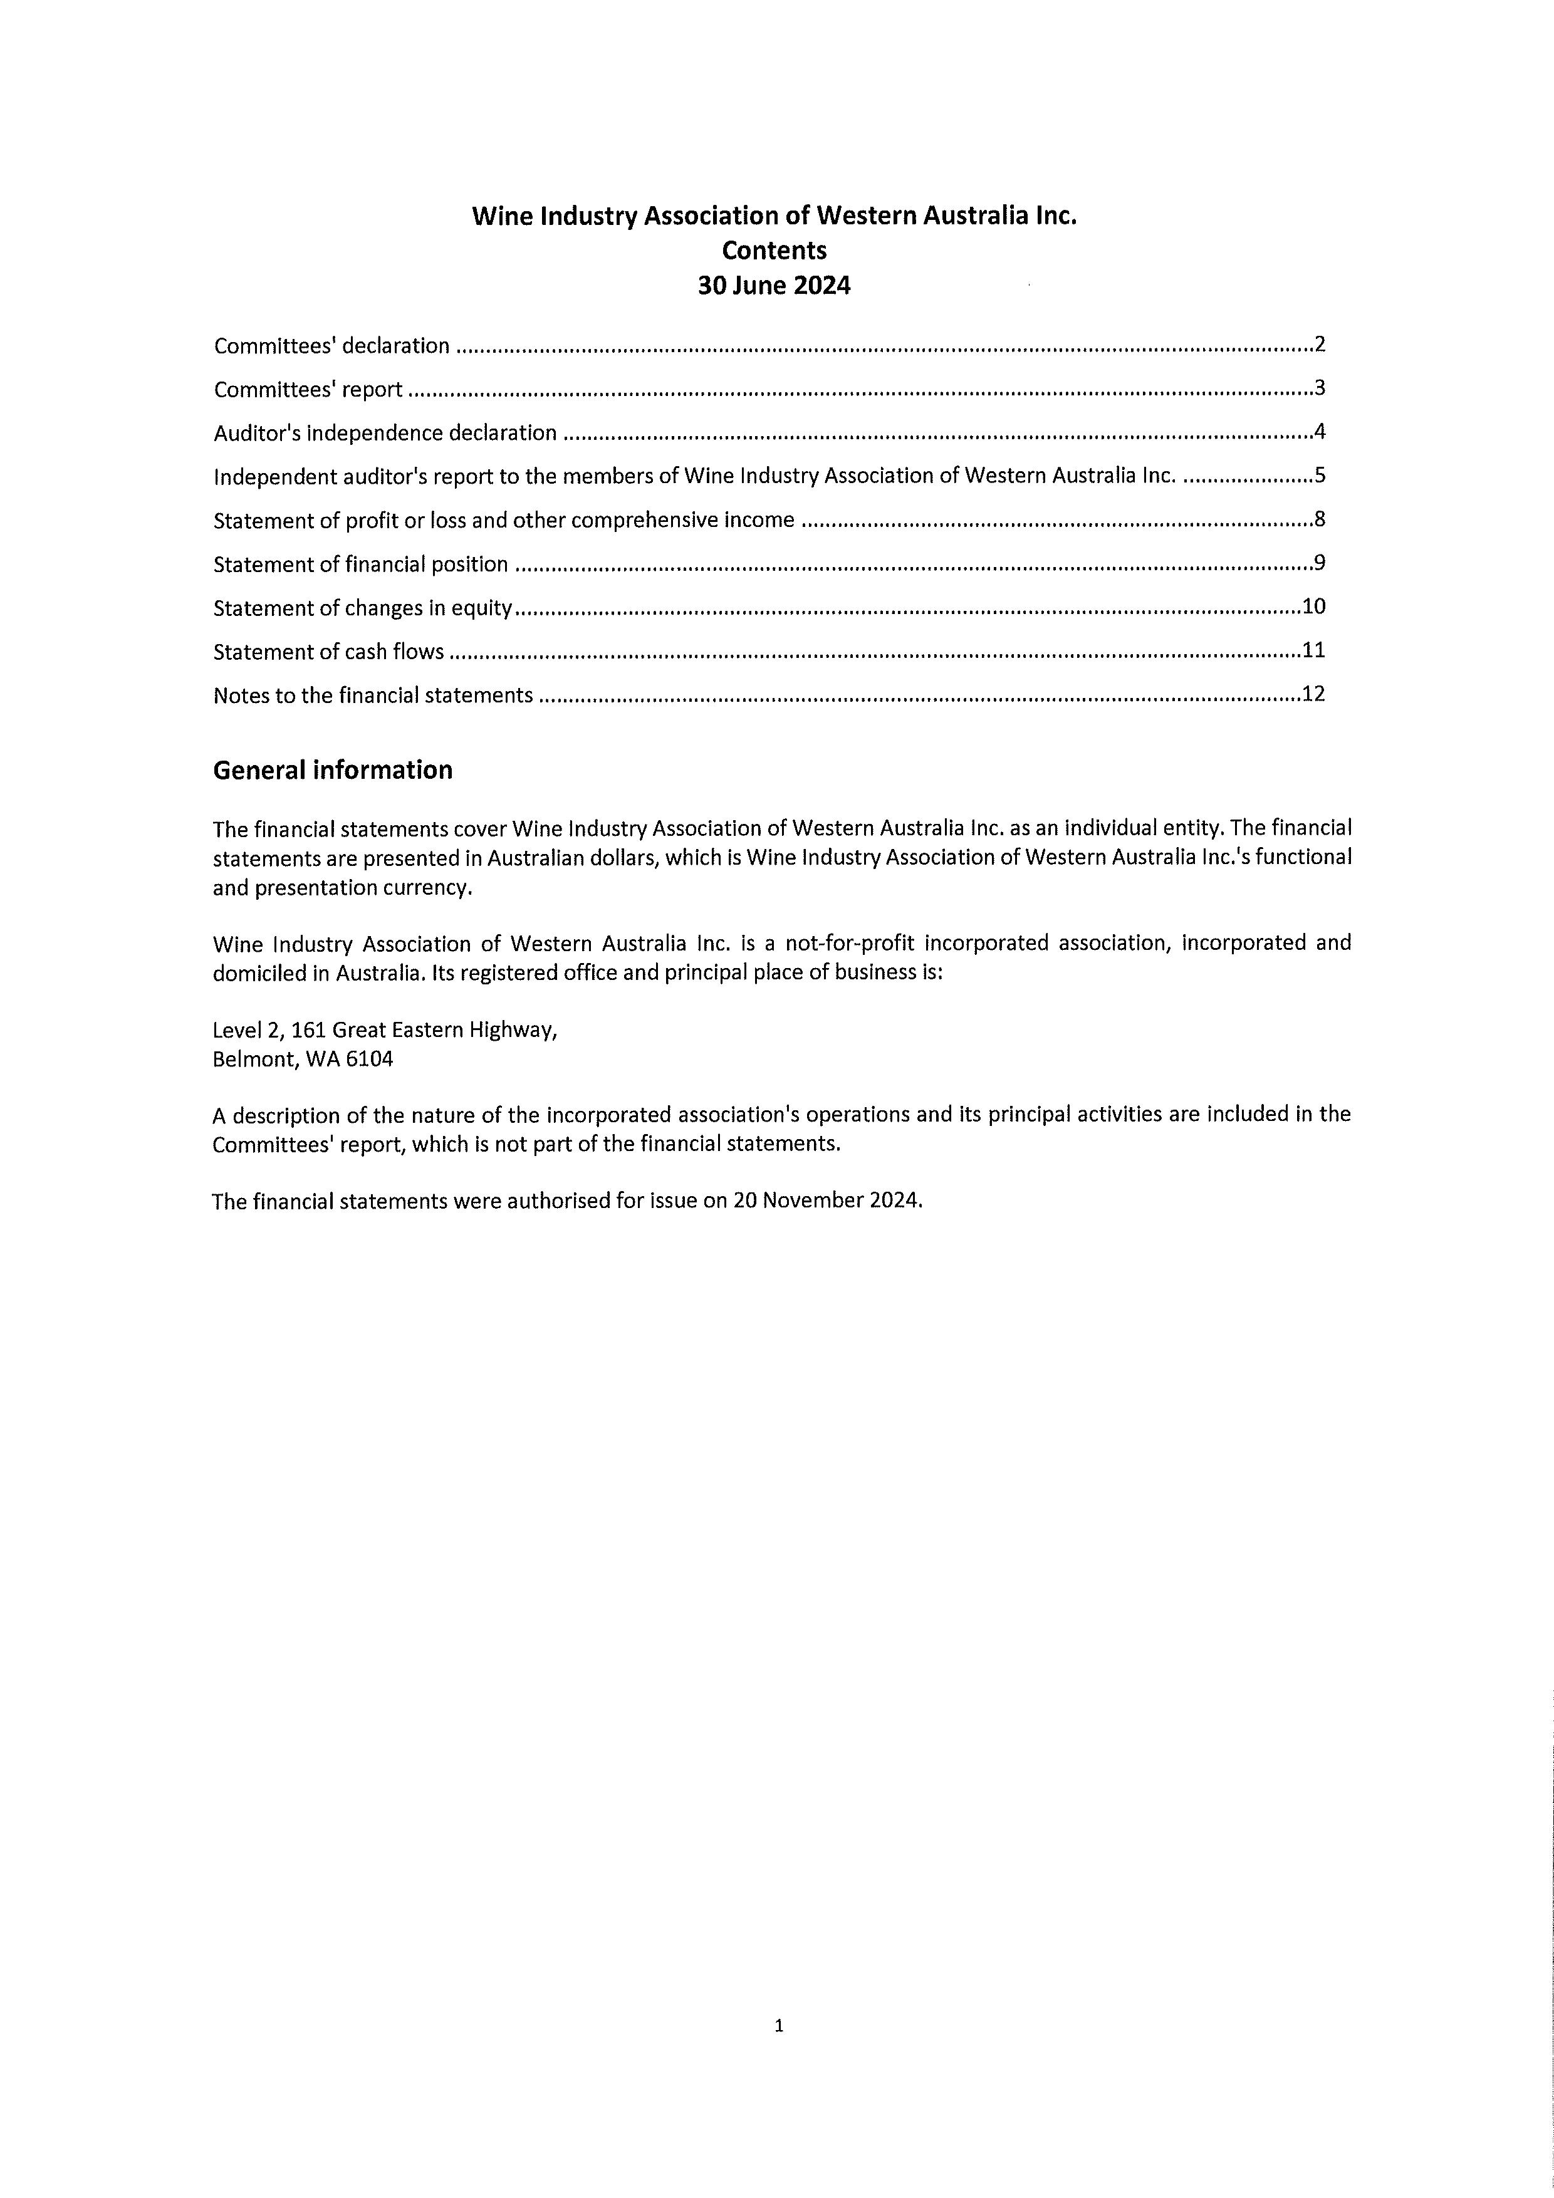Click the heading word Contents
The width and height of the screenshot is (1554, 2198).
click(x=774, y=251)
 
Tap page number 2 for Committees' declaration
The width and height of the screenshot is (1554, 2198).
click(x=1320, y=345)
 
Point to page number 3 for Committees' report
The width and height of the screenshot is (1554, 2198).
click(x=1320, y=388)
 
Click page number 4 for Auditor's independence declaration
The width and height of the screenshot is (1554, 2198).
click(x=1320, y=432)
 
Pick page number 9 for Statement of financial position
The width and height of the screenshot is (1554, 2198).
click(x=1320, y=563)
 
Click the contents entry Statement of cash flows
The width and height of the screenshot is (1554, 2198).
click(x=328, y=652)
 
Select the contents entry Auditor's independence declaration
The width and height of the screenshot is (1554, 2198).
click(x=385, y=433)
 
